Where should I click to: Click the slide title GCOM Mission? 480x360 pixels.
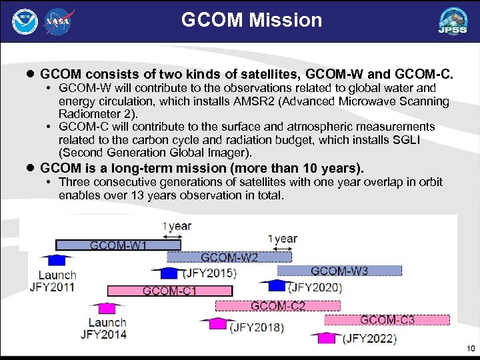pos(251,20)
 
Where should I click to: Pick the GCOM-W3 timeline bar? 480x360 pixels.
pos(339,271)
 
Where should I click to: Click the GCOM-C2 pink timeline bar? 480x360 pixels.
pos(277,305)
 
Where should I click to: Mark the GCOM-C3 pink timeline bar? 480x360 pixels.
pos(387,320)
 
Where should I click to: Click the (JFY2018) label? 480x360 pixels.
pos(256,327)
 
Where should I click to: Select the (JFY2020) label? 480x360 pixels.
pos(315,287)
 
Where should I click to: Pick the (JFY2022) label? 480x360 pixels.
pos(369,339)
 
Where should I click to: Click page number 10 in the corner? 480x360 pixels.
pos(471,349)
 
